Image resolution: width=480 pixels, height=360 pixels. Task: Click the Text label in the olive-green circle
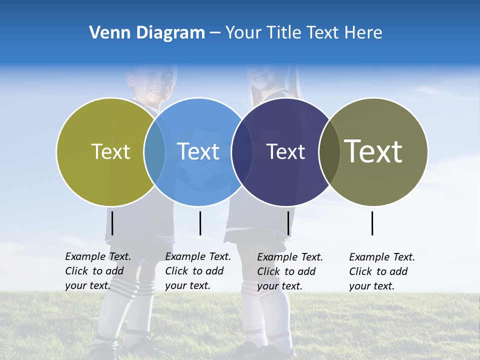coord(110,151)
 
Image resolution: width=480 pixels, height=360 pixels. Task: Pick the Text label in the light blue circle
coord(198,151)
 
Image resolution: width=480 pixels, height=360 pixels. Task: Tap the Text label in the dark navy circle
coord(285,151)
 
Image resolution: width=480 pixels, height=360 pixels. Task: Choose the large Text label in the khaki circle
coord(373,151)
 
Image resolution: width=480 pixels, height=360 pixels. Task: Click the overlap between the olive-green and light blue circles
coord(154,151)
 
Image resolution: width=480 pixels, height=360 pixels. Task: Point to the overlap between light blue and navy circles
coord(242,151)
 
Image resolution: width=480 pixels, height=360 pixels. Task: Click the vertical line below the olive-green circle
coord(112,223)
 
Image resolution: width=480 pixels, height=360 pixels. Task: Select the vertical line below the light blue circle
coord(200,223)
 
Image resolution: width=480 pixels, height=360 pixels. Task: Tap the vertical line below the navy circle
coord(288,223)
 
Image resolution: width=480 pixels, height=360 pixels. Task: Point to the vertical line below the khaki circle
coord(372,223)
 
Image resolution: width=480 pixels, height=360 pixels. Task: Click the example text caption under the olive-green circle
coord(98,271)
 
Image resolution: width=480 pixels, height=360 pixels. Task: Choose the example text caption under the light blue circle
coord(198,271)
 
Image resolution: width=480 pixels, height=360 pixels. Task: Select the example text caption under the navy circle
coord(290,271)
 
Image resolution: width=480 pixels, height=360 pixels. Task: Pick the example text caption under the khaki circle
coord(382,271)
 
